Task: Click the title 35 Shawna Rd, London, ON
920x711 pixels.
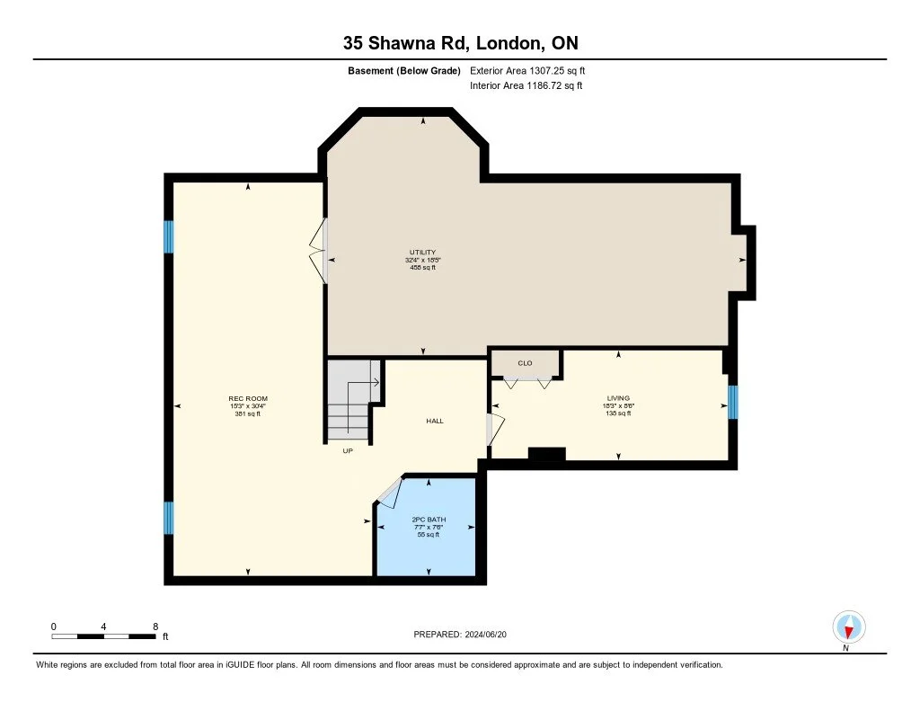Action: point(459,43)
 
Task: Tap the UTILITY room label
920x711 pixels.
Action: point(422,253)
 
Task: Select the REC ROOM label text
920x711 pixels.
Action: point(248,398)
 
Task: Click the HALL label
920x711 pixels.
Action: point(435,421)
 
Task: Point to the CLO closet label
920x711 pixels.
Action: point(525,363)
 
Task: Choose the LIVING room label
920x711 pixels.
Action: point(618,397)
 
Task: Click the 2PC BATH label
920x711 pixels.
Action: point(429,520)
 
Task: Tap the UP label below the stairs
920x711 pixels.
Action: point(347,451)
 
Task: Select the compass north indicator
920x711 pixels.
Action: point(847,627)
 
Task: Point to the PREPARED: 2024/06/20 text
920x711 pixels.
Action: point(465,635)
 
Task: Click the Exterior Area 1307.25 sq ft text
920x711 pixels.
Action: point(527,70)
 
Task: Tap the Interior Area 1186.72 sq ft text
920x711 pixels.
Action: point(526,86)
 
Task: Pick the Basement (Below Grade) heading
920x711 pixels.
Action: point(403,70)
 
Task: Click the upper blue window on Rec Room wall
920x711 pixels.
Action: point(167,237)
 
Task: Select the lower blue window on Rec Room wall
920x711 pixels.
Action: point(168,518)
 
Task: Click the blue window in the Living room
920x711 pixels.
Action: point(732,402)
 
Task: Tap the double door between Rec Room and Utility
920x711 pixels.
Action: point(319,252)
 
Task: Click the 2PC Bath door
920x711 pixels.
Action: point(388,492)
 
